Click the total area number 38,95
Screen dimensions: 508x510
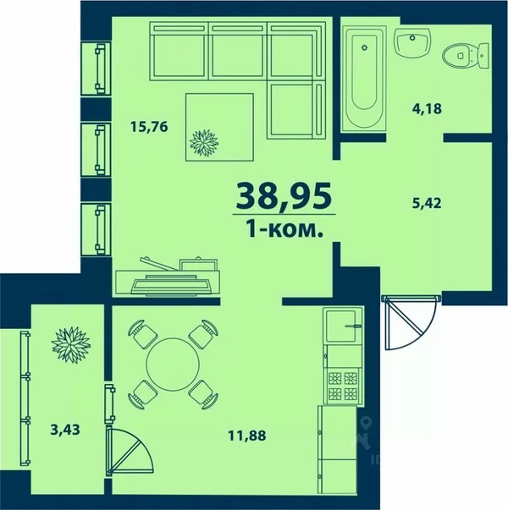(284, 195)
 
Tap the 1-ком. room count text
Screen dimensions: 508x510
(284, 229)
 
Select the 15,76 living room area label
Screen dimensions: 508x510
(149, 127)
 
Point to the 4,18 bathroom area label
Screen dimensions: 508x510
(427, 108)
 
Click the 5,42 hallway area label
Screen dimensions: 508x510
(426, 203)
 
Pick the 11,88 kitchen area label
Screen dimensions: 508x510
(247, 436)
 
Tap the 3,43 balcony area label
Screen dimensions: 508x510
(65, 430)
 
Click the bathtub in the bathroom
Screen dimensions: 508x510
(364, 79)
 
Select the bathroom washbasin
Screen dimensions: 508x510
(412, 42)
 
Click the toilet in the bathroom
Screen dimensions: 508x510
(466, 56)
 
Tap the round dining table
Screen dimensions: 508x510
(173, 364)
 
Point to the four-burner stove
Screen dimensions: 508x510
(342, 386)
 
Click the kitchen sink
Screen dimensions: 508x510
(342, 326)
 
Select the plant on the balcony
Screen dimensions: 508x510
(71, 345)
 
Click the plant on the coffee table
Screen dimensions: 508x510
(204, 143)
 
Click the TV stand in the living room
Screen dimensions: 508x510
(168, 277)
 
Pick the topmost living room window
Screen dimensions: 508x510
(96, 69)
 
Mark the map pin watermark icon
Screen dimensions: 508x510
(366, 423)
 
